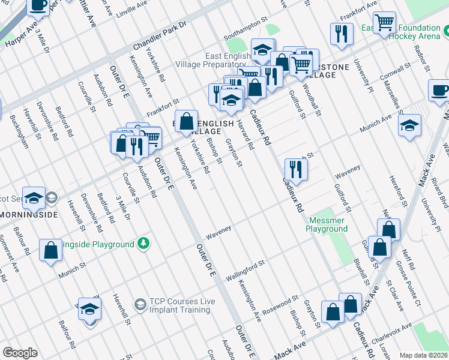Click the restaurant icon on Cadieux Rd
295,169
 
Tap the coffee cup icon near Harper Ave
39,5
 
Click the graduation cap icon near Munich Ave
409,126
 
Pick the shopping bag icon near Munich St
51,250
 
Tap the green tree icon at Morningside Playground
143,244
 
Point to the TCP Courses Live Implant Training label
179,306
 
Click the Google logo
20,353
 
